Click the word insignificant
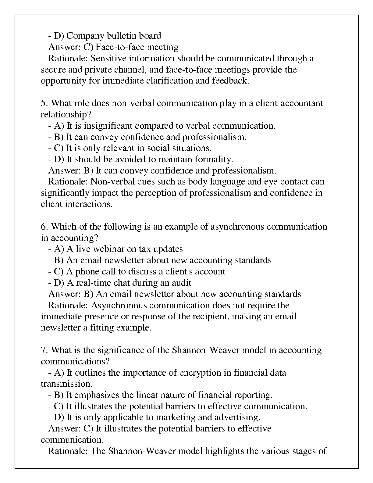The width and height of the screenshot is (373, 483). pyautogui.click(x=108, y=126)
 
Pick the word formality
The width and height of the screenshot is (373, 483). pyautogui.click(x=214, y=159)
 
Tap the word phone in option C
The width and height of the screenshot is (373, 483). pyautogui.click(x=87, y=272)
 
